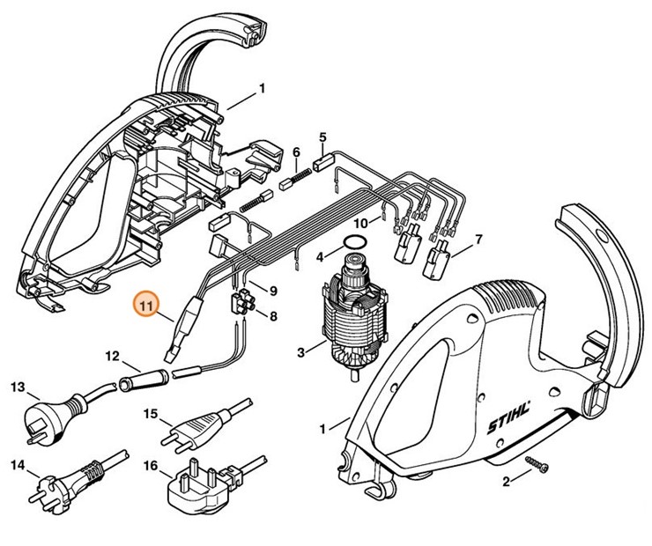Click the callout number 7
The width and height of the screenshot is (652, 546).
click(x=478, y=240)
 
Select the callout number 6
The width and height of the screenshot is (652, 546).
click(x=296, y=151)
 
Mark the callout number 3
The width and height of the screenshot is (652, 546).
click(x=300, y=352)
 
